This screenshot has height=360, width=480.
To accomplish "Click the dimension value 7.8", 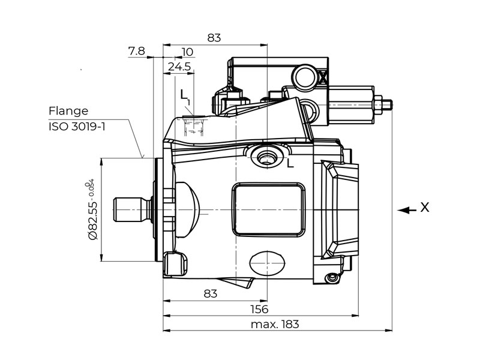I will pyautogui.click(x=136, y=51).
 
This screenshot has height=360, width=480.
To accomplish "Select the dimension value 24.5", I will pyautogui.click(x=179, y=67).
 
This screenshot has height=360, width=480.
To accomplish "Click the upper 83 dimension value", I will pyautogui.click(x=214, y=37).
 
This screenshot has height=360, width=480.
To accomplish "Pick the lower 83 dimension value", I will pyautogui.click(x=210, y=293).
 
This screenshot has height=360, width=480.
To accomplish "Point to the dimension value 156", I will pyautogui.click(x=259, y=309).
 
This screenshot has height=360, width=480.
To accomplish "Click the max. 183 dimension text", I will pyautogui.click(x=274, y=325).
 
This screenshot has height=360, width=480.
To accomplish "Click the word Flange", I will pyautogui.click(x=68, y=111).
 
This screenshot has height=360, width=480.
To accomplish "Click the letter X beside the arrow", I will pyautogui.click(x=425, y=208).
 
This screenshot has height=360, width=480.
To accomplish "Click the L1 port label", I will pyautogui.click(x=185, y=96).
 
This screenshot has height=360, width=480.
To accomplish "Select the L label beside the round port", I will pyautogui.click(x=290, y=163).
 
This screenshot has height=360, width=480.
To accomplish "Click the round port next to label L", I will pyautogui.click(x=265, y=158).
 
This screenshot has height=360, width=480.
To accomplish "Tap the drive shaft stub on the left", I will pyautogui.click(x=131, y=209).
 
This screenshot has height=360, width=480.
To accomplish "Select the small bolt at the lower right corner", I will pyautogui.click(x=331, y=278).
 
